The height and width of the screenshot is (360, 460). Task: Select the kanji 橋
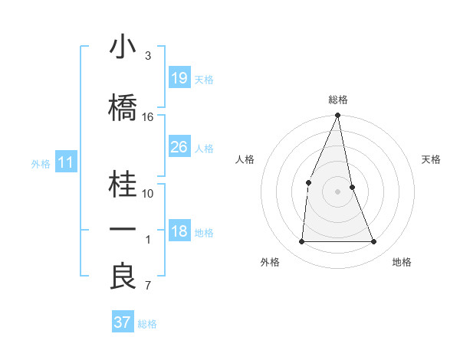click(123, 108)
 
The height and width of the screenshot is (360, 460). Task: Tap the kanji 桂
click(123, 185)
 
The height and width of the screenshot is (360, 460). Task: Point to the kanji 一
click(123, 230)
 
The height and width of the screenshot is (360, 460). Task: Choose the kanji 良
click(123, 277)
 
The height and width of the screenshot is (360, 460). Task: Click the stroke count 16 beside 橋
click(148, 117)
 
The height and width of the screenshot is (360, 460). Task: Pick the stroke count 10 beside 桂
click(148, 193)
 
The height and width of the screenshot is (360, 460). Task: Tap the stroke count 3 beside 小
click(148, 56)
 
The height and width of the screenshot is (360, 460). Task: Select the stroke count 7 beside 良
click(148, 286)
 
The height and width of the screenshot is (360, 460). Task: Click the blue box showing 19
click(179, 77)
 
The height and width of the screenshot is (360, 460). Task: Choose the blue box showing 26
click(179, 147)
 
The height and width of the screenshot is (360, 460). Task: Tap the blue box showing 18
click(179, 231)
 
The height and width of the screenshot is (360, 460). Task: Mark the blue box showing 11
click(65, 162)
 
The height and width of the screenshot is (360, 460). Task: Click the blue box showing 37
click(122, 322)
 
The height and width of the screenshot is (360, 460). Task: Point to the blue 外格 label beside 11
click(41, 163)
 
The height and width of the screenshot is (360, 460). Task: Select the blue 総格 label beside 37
click(148, 324)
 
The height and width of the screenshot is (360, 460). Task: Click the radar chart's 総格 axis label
click(337, 100)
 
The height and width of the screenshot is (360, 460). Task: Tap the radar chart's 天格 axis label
click(432, 159)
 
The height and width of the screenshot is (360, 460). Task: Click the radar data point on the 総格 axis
click(337, 116)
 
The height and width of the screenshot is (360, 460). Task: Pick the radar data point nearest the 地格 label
click(374, 242)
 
